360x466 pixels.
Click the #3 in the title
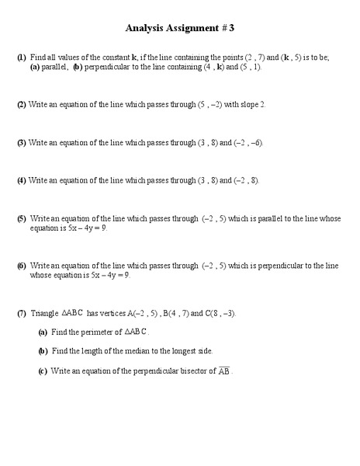[227, 28]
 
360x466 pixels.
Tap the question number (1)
[22, 57]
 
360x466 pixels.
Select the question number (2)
[22, 104]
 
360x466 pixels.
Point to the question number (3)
[22, 143]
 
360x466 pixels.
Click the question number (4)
[22, 180]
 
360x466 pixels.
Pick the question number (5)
[22, 219]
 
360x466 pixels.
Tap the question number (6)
[22, 266]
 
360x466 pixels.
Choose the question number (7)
[22, 313]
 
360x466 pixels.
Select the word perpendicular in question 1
[109, 68]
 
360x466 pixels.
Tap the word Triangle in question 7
[44, 313]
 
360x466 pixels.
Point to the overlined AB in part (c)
[223, 370]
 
